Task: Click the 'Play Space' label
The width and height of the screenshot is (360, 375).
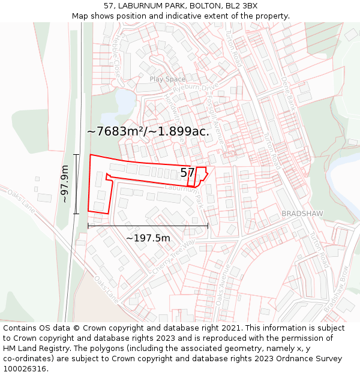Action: click(167, 79)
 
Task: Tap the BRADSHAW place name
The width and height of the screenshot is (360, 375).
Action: click(302, 214)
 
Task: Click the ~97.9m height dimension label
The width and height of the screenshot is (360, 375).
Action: click(65, 184)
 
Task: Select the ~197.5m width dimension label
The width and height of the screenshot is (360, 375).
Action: click(148, 238)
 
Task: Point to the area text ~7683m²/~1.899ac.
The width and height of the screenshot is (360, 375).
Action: click(148, 131)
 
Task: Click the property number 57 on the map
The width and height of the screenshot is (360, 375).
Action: click(187, 173)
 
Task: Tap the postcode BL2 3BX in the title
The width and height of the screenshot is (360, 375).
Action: click(241, 6)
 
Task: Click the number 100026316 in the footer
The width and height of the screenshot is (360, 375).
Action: click(25, 369)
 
